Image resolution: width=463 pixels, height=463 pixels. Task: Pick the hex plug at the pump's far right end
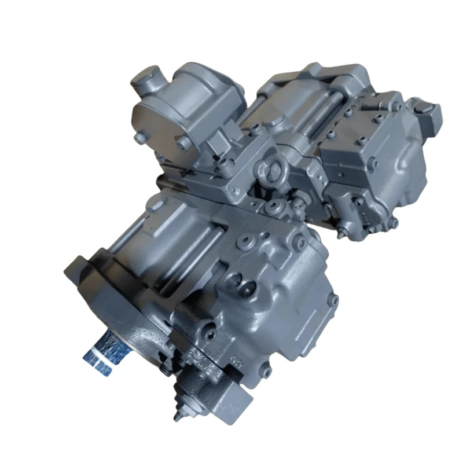431,109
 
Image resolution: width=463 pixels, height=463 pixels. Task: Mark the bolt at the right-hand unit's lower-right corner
395,222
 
